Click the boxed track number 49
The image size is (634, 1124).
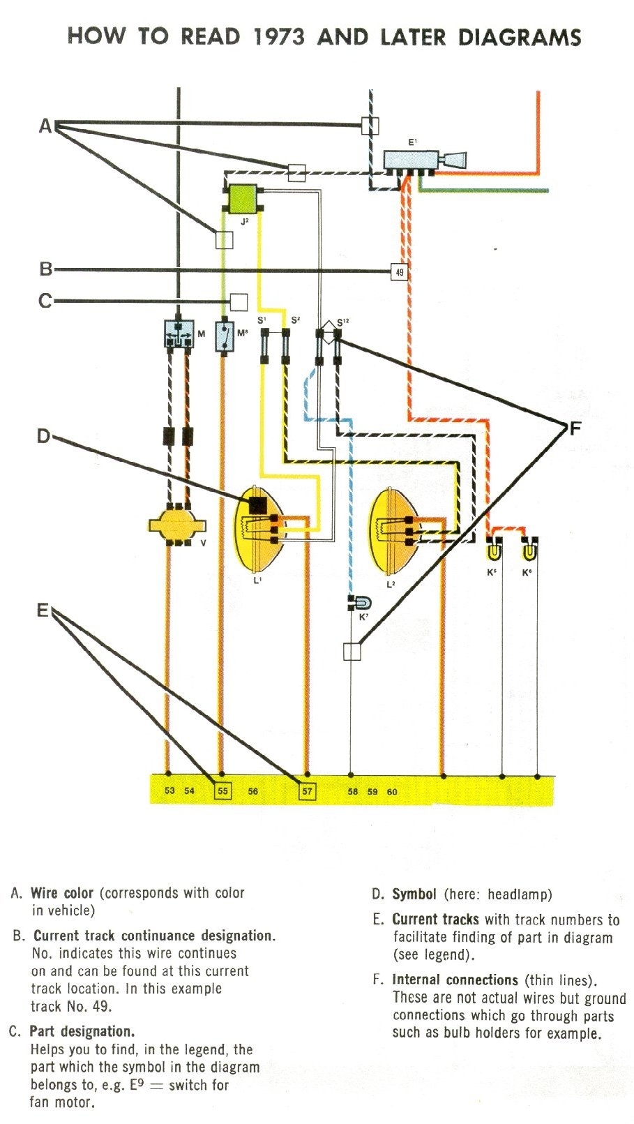tap(399, 272)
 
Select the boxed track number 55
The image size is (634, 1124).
tap(222, 791)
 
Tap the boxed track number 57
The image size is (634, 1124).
tap(307, 791)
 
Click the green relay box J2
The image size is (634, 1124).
tap(242, 198)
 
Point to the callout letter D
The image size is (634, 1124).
tap(43, 437)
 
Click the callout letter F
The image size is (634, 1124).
tap(575, 428)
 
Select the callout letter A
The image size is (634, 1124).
tap(45, 126)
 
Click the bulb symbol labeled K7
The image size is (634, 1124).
tap(362, 603)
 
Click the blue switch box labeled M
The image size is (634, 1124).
tap(179, 334)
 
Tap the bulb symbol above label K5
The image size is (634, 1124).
tap(493, 551)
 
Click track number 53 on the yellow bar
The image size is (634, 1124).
tap(169, 791)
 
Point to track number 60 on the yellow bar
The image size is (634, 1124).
tap(392, 792)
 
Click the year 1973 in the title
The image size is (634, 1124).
tap(278, 37)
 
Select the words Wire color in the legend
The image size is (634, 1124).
tap(61, 893)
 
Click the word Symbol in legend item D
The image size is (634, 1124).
tap(414, 894)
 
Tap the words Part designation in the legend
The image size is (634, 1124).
tap(82, 1032)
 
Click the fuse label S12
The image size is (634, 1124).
tap(342, 322)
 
